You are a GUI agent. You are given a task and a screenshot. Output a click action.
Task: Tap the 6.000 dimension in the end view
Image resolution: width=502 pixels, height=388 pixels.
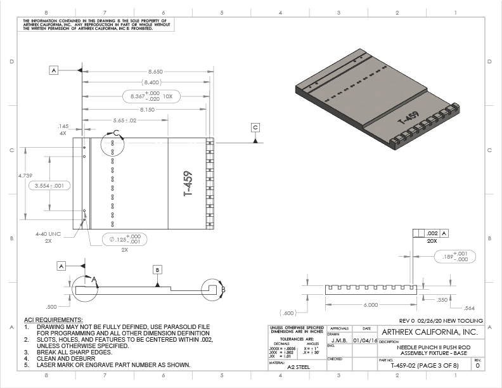point(371,305)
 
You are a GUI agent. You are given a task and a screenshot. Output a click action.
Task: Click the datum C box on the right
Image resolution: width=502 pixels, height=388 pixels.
point(255,127)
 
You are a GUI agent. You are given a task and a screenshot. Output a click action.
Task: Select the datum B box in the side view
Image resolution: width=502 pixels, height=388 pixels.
point(157,269)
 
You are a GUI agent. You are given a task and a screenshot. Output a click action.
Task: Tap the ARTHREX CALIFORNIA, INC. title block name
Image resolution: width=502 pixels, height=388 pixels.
point(428,332)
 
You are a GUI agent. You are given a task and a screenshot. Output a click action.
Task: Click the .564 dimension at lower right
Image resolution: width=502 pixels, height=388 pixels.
point(470,307)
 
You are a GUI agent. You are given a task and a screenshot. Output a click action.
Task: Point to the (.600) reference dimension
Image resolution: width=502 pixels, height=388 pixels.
point(288,313)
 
